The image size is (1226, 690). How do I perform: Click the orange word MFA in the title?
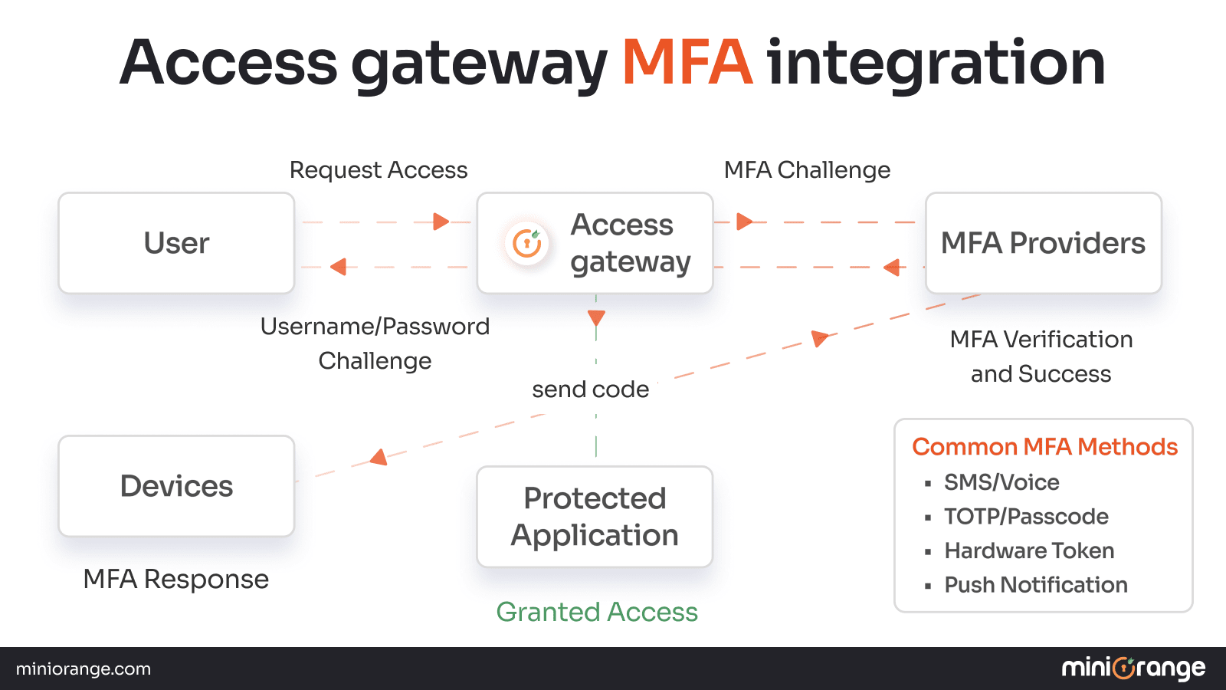[x=687, y=63]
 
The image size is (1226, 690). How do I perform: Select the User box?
[x=176, y=243]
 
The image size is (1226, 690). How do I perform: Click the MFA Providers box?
[x=1043, y=243]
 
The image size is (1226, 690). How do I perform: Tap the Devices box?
[x=176, y=486]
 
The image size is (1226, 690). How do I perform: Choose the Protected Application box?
[x=595, y=517]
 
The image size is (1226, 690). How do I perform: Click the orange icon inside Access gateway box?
[x=527, y=243]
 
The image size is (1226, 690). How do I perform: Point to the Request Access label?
[x=379, y=169]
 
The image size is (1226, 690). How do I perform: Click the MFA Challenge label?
[x=807, y=169]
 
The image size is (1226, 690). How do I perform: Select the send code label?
[x=590, y=389]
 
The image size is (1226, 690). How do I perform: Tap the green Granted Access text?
[x=597, y=612]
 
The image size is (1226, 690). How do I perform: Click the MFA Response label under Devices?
[x=175, y=579]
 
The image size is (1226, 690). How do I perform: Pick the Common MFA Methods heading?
[x=1044, y=446]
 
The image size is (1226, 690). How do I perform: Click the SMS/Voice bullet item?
[x=1001, y=482]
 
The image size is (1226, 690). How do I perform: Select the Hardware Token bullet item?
[x=1028, y=550]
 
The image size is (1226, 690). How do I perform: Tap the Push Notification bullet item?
[x=1035, y=585]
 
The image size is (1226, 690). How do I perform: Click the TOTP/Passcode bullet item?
[x=1025, y=517]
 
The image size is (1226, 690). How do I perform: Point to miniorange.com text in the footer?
[x=83, y=669]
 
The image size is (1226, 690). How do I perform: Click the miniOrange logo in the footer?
[x=1133, y=669]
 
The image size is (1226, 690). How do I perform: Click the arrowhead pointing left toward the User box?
[x=338, y=267]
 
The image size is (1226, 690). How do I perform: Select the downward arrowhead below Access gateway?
[x=596, y=317]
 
